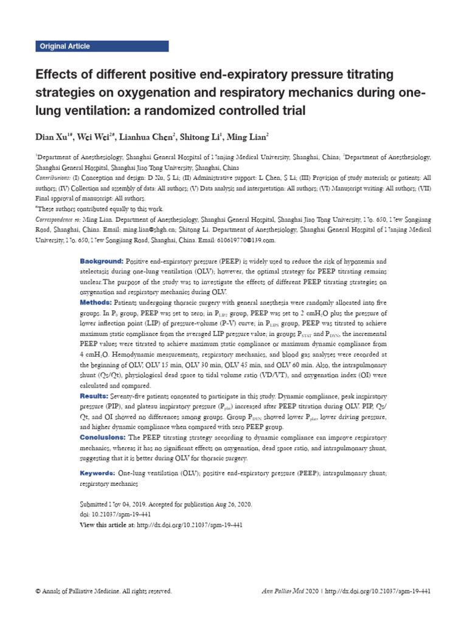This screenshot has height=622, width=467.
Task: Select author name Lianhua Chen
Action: pyautogui.click(x=146, y=135)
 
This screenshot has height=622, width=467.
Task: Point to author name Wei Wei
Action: pyautogui.click(x=95, y=135)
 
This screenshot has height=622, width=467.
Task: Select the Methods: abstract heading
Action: pyautogui.click(x=97, y=302)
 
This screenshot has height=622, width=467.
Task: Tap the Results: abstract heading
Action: pyautogui.click(x=95, y=395)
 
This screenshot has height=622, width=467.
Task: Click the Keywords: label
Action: pyautogui.click(x=98, y=473)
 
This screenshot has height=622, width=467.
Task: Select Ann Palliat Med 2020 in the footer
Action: pyautogui.click(x=289, y=591)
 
